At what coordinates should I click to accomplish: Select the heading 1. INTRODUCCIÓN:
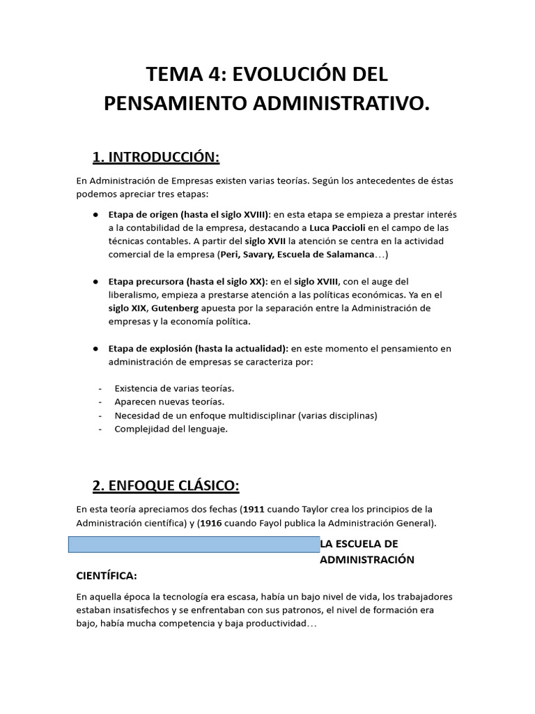[x=156, y=158]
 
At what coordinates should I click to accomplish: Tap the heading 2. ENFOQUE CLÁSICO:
[x=166, y=485]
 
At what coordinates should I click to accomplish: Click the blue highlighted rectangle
[x=194, y=545]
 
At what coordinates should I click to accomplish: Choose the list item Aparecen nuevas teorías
[x=170, y=402]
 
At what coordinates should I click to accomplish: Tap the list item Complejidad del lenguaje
[x=171, y=429]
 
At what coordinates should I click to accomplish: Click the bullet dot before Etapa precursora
[x=94, y=282]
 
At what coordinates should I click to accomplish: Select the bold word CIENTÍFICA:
[x=107, y=577]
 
